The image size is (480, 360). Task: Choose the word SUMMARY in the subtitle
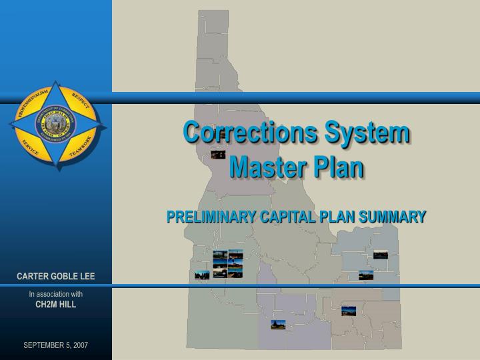tap(393, 217)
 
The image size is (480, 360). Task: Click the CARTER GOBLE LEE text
tap(56, 277)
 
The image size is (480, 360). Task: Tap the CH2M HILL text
tap(56, 304)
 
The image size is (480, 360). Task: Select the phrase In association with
tap(56, 294)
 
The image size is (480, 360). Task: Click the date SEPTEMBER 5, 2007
tap(56, 345)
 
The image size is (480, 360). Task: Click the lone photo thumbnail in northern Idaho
tap(217, 155)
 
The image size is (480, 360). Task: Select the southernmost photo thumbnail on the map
tap(278, 325)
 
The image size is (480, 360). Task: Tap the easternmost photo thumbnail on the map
tap(381, 254)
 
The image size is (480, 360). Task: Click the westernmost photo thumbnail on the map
tap(202, 274)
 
